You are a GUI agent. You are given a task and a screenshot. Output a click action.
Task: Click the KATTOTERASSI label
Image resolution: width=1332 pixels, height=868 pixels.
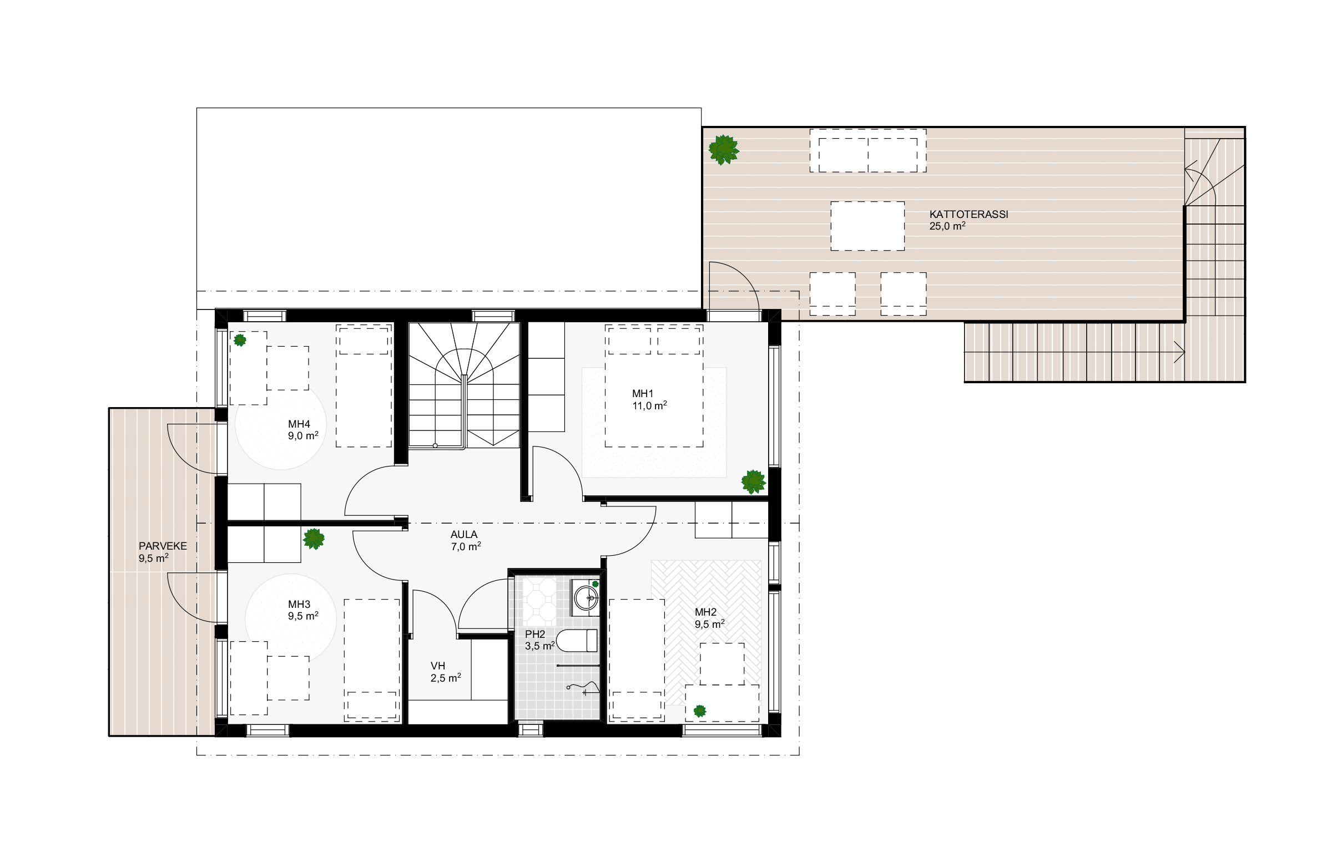point(968,214)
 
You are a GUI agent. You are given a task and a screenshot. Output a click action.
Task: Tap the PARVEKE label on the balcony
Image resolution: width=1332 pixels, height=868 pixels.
point(163,546)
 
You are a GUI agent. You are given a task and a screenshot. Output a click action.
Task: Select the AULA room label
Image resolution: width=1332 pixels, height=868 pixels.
point(464,535)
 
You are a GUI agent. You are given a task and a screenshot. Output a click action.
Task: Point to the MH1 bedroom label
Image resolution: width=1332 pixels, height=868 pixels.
point(643,394)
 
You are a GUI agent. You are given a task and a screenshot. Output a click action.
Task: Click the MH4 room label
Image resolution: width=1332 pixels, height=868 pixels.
point(299,424)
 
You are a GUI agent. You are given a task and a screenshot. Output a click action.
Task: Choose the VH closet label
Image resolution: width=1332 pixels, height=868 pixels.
point(438,666)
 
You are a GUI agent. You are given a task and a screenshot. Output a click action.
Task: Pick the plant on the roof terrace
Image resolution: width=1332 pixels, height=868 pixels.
point(724,149)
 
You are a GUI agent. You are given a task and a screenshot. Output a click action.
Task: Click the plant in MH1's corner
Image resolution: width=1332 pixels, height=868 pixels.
point(753,481)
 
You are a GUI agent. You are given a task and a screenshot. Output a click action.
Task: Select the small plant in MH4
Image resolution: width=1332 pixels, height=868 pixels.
point(240,339)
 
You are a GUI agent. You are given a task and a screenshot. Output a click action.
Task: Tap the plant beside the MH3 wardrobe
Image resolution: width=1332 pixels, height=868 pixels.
point(314,539)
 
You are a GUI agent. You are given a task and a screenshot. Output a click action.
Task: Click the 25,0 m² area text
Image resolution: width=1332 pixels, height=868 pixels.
point(947,226)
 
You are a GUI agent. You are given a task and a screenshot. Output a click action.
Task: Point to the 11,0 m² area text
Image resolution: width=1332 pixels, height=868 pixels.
point(649,405)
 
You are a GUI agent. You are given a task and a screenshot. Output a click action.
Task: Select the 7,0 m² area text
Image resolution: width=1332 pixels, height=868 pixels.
point(466,546)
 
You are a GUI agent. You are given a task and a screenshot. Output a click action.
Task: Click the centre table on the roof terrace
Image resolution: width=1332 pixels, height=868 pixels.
point(867,226)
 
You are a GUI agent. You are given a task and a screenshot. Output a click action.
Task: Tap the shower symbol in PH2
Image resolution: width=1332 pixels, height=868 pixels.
point(583,686)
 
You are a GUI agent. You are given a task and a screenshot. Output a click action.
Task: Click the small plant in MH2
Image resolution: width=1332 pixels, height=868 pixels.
point(700,711)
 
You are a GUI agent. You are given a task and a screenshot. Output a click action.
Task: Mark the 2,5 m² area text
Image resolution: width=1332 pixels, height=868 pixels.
point(446,678)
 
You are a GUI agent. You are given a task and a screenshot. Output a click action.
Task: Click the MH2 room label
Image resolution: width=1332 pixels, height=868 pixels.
point(706,612)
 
